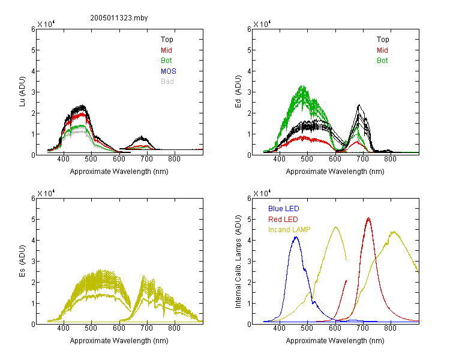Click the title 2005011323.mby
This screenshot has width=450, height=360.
(x=119, y=18)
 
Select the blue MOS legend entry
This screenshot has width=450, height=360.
(x=169, y=71)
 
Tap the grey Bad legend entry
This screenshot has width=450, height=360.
(x=167, y=82)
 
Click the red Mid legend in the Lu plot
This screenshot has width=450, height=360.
(x=166, y=50)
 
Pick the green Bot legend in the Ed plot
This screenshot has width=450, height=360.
(x=382, y=61)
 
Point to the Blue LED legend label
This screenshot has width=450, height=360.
(x=284, y=209)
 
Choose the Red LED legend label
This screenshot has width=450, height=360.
(x=283, y=220)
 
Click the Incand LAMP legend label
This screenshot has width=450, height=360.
(x=289, y=230)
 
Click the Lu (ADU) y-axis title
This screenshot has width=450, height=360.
(x=22, y=92)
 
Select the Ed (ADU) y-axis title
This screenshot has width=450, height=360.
(x=238, y=92)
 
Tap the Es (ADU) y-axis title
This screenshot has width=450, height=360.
(x=22, y=261)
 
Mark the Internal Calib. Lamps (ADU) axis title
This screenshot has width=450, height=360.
(x=238, y=262)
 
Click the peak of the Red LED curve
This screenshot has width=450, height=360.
(x=368, y=218)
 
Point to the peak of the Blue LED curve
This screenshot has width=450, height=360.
(x=296, y=237)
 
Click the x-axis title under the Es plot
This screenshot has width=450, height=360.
(x=119, y=341)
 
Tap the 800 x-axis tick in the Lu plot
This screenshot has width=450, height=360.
(x=174, y=159)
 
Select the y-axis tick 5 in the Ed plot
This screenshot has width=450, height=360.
(x=249, y=50)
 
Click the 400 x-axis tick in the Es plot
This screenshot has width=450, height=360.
(x=63, y=328)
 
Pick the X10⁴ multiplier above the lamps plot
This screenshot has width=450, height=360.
(x=262, y=193)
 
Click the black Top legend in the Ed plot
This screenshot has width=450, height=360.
(x=383, y=40)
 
